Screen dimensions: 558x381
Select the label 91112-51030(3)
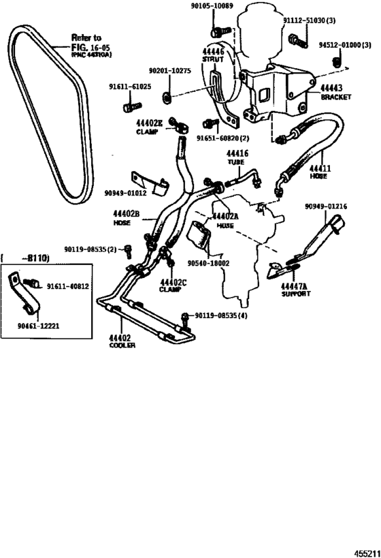coord(312,22)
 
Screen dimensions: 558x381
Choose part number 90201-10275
coord(168,70)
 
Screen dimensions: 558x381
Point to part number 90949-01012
coord(127,194)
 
